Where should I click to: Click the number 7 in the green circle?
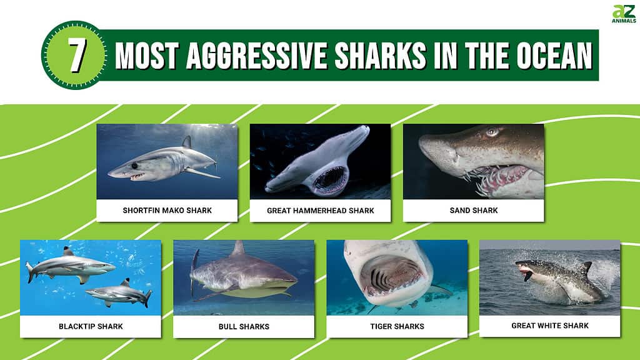[75, 56]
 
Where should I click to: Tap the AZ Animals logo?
[623, 14]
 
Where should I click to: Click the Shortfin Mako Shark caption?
[167, 211]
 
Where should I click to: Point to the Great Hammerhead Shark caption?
[320, 211]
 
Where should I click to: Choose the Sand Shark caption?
[473, 211]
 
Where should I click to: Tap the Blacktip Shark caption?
[91, 326]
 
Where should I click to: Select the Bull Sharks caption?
[244, 326]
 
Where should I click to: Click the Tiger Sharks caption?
[397, 326]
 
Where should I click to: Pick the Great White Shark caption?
[550, 326]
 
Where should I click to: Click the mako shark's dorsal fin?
[186, 142]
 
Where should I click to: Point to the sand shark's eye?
[492, 132]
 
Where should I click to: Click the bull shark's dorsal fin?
[238, 249]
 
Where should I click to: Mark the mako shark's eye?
[134, 166]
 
